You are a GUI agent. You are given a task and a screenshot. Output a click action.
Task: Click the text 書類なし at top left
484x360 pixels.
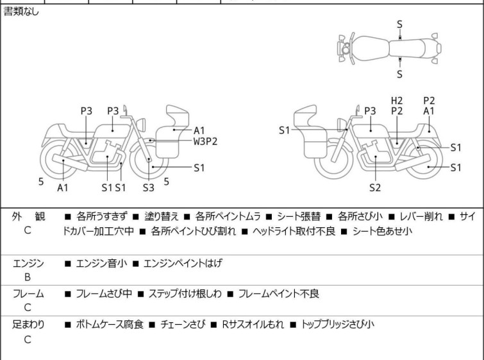point(21,12)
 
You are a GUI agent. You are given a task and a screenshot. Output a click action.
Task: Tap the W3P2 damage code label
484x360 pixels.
point(206,141)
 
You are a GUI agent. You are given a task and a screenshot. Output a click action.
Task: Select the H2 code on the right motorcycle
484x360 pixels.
point(397,101)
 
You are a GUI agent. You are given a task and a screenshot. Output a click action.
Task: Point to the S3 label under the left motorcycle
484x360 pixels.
point(149,187)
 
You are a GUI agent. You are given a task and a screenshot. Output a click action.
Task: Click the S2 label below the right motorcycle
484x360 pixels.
point(375,187)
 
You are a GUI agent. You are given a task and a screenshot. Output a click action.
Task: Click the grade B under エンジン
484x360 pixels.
point(28,277)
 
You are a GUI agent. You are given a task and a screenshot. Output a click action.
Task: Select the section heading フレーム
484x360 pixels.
point(28,294)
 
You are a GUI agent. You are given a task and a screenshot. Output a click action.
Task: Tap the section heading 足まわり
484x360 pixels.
point(28,324)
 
